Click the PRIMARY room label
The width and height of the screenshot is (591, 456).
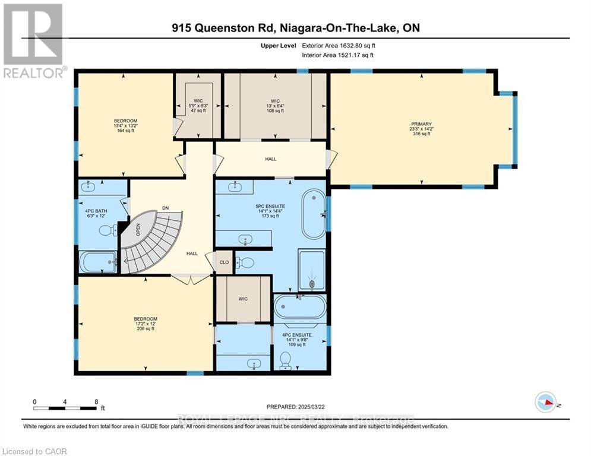click(420, 124)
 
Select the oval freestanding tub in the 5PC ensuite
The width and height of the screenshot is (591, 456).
click(314, 213)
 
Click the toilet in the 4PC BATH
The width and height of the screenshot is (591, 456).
click(107, 230)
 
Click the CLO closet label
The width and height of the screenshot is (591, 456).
click(224, 261)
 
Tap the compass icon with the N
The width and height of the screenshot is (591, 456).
click(546, 404)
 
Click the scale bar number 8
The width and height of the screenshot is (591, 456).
click(96, 401)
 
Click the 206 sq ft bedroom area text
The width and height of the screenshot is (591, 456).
click(146, 328)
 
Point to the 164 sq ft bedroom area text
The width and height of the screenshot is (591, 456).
click(125, 131)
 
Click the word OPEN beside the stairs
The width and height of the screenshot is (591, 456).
click(138, 229)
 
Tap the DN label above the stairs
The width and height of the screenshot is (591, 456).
click(166, 208)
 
